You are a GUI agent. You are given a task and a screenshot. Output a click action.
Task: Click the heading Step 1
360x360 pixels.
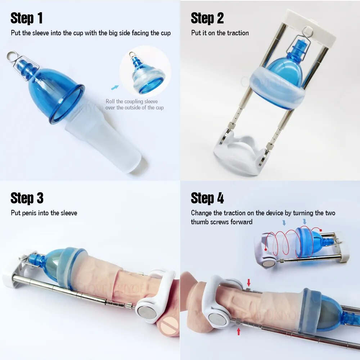pos(27,18)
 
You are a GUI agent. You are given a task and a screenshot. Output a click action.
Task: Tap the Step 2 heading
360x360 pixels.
pos(207,18)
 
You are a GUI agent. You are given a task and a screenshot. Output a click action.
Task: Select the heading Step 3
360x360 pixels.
pos(27,198)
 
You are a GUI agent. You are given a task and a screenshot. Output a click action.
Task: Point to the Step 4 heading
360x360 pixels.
pos(207,198)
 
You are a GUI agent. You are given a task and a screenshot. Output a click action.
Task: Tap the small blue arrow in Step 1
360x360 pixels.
pos(114,87)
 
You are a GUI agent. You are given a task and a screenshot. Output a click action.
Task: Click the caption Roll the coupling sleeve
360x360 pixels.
pos(131,102)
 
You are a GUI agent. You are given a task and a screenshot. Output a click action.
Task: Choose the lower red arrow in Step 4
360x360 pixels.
pos(238,330)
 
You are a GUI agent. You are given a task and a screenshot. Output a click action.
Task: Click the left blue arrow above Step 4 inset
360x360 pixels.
pos(284,222)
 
